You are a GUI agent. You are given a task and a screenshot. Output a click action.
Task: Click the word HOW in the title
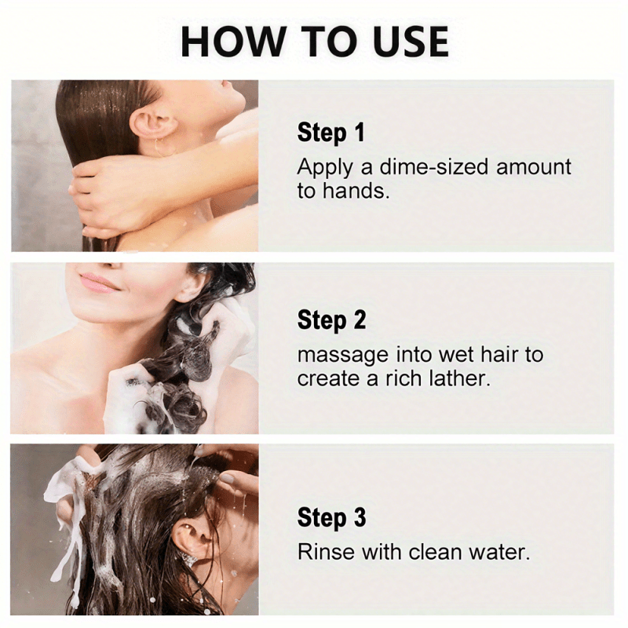[x=232, y=42]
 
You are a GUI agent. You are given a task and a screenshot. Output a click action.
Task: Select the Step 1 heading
[x=330, y=133]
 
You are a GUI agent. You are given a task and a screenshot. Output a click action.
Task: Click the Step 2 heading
[x=331, y=320]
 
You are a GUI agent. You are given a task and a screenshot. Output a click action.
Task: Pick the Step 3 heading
[x=331, y=517]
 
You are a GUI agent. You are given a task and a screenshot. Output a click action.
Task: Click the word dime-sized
[x=434, y=166]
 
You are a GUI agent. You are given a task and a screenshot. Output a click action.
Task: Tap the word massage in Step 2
[x=343, y=356]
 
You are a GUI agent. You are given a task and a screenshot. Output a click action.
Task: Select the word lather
[x=460, y=378]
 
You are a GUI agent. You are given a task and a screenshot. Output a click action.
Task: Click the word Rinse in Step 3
[x=326, y=552]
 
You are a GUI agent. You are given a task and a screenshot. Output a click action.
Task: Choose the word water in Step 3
[x=499, y=553]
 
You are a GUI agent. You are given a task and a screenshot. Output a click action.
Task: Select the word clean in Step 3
[x=435, y=552]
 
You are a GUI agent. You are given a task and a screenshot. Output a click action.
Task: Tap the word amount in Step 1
[x=534, y=167]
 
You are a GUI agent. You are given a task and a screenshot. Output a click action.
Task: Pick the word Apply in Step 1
[x=325, y=168]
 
